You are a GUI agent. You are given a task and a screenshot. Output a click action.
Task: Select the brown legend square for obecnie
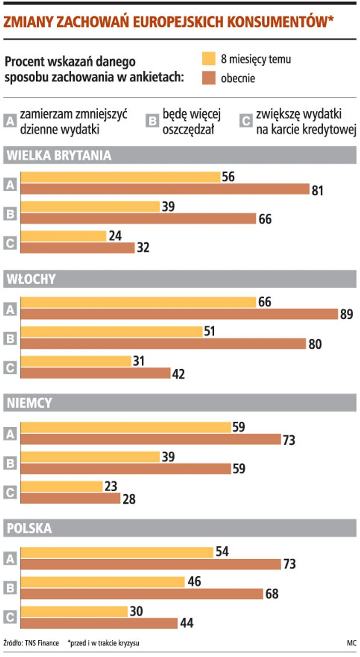tap(209, 78)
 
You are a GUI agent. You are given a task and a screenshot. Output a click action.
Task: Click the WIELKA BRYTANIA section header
tap(58, 156)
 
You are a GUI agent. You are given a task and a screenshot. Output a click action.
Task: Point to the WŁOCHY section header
tap(31, 279)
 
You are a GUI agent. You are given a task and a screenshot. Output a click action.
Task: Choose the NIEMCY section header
tap(30, 404)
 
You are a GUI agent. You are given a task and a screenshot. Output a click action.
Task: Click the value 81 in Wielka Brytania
tap(317, 190)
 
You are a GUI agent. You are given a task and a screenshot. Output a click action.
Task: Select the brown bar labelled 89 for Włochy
tap(179, 314)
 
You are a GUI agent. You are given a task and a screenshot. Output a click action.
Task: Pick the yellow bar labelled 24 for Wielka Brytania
tap(64, 236)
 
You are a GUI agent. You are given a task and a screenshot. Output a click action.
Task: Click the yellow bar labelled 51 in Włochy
tap(112, 332)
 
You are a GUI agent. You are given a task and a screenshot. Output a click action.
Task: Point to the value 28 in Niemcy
tap(128, 499)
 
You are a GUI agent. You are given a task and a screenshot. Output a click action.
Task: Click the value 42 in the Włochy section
tap(178, 374)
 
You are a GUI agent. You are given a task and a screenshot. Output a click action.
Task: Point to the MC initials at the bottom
tap(351, 643)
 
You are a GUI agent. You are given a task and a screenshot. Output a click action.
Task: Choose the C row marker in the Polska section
tap(10, 617)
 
